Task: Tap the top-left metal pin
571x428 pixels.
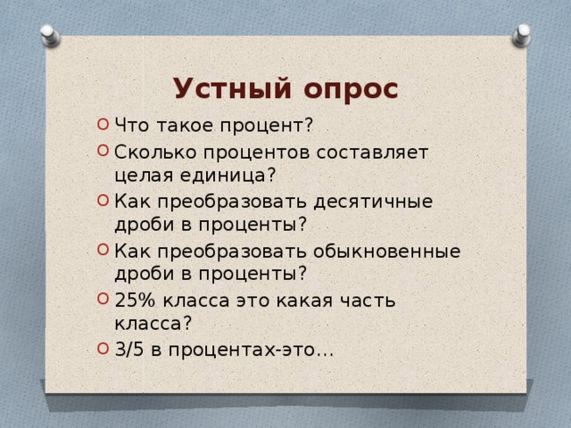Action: tap(50, 37)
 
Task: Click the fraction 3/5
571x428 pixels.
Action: tap(128, 350)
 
